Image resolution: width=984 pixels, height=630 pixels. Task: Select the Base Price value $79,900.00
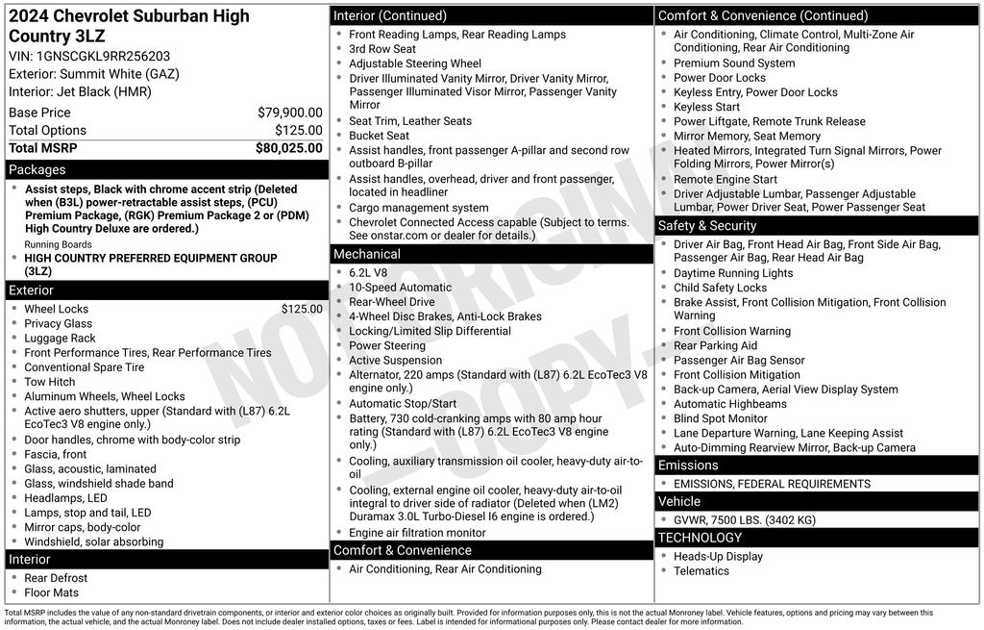pyautogui.click(x=289, y=113)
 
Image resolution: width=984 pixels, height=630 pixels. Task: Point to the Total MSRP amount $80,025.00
pyautogui.click(x=288, y=148)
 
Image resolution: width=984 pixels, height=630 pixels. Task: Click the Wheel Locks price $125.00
pyautogui.click(x=302, y=309)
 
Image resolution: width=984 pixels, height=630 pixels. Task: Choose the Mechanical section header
pyautogui.click(x=366, y=254)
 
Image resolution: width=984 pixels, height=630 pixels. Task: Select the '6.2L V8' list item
pyautogui.click(x=370, y=273)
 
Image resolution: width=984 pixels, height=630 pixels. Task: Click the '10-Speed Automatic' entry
pyautogui.click(x=400, y=288)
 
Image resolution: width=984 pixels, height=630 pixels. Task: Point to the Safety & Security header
pyautogui.click(x=707, y=226)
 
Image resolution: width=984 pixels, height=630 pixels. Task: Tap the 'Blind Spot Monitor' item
pyautogui.click(x=720, y=418)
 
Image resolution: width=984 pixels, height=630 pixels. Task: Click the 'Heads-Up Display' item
pyautogui.click(x=718, y=556)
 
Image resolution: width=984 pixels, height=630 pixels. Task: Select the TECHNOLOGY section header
pyautogui.click(x=700, y=538)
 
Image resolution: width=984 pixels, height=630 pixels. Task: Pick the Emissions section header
pyautogui.click(x=688, y=466)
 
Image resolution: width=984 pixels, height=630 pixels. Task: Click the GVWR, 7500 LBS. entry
pyautogui.click(x=744, y=520)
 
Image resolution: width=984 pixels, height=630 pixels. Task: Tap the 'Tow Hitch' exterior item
pyautogui.click(x=49, y=382)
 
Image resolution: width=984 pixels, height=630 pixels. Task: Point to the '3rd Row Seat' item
pyautogui.click(x=382, y=49)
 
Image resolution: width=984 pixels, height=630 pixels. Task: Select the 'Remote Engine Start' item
pyautogui.click(x=725, y=179)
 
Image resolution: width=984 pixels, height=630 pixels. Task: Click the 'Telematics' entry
pyautogui.click(x=701, y=571)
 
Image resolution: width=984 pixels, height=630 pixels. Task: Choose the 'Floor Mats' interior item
pyautogui.click(x=51, y=592)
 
